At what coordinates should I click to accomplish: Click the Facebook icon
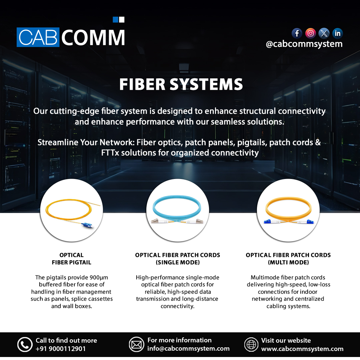(297, 33)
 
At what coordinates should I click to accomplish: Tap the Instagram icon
(311, 33)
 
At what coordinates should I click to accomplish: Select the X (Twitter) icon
(324, 33)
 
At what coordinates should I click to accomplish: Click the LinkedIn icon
(338, 33)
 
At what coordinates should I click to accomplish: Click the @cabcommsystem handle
(304, 44)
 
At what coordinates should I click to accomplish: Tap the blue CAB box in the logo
(38, 37)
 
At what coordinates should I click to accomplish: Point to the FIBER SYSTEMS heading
(181, 85)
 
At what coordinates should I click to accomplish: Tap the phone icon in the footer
(25, 345)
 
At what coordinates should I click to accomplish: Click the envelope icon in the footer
(136, 345)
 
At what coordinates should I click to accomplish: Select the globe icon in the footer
(251, 345)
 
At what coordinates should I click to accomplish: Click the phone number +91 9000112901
(61, 349)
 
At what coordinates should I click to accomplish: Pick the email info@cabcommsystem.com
(188, 349)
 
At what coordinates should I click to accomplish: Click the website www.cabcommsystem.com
(302, 349)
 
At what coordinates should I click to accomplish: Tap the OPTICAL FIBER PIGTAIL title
(71, 259)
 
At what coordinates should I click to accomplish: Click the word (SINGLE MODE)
(178, 263)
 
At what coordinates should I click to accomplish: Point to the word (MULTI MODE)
(288, 263)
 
